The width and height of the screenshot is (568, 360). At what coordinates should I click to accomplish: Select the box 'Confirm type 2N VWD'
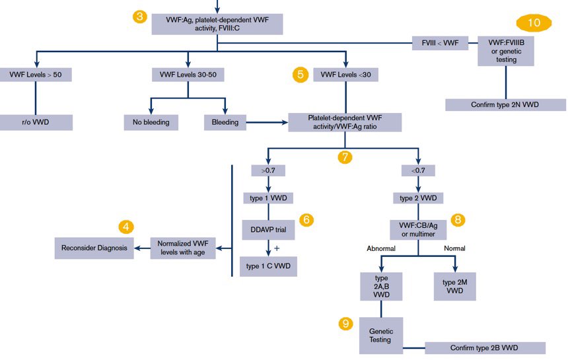coord(505,105)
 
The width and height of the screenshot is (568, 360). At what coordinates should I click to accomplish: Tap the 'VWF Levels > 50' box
coord(36,75)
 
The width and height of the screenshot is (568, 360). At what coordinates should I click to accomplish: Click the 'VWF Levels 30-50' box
coord(188,75)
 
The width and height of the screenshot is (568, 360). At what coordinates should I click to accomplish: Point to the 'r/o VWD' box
coord(36,122)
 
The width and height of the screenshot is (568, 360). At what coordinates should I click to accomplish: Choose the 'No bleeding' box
coord(151,122)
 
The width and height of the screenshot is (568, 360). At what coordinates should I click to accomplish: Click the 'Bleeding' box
coord(225,122)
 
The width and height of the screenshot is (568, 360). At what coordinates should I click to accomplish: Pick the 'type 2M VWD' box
coord(454,286)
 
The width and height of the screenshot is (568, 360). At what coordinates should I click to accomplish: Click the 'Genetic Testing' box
coord(380,335)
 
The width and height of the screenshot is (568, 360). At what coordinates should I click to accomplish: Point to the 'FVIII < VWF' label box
coord(440,44)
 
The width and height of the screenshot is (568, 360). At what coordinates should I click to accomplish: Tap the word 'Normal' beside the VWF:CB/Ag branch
coord(454,248)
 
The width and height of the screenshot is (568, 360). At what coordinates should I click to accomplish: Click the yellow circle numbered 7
coord(344,157)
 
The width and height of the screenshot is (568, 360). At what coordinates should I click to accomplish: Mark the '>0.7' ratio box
coord(267,171)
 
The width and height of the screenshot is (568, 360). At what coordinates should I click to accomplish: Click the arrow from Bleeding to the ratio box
coord(267,122)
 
